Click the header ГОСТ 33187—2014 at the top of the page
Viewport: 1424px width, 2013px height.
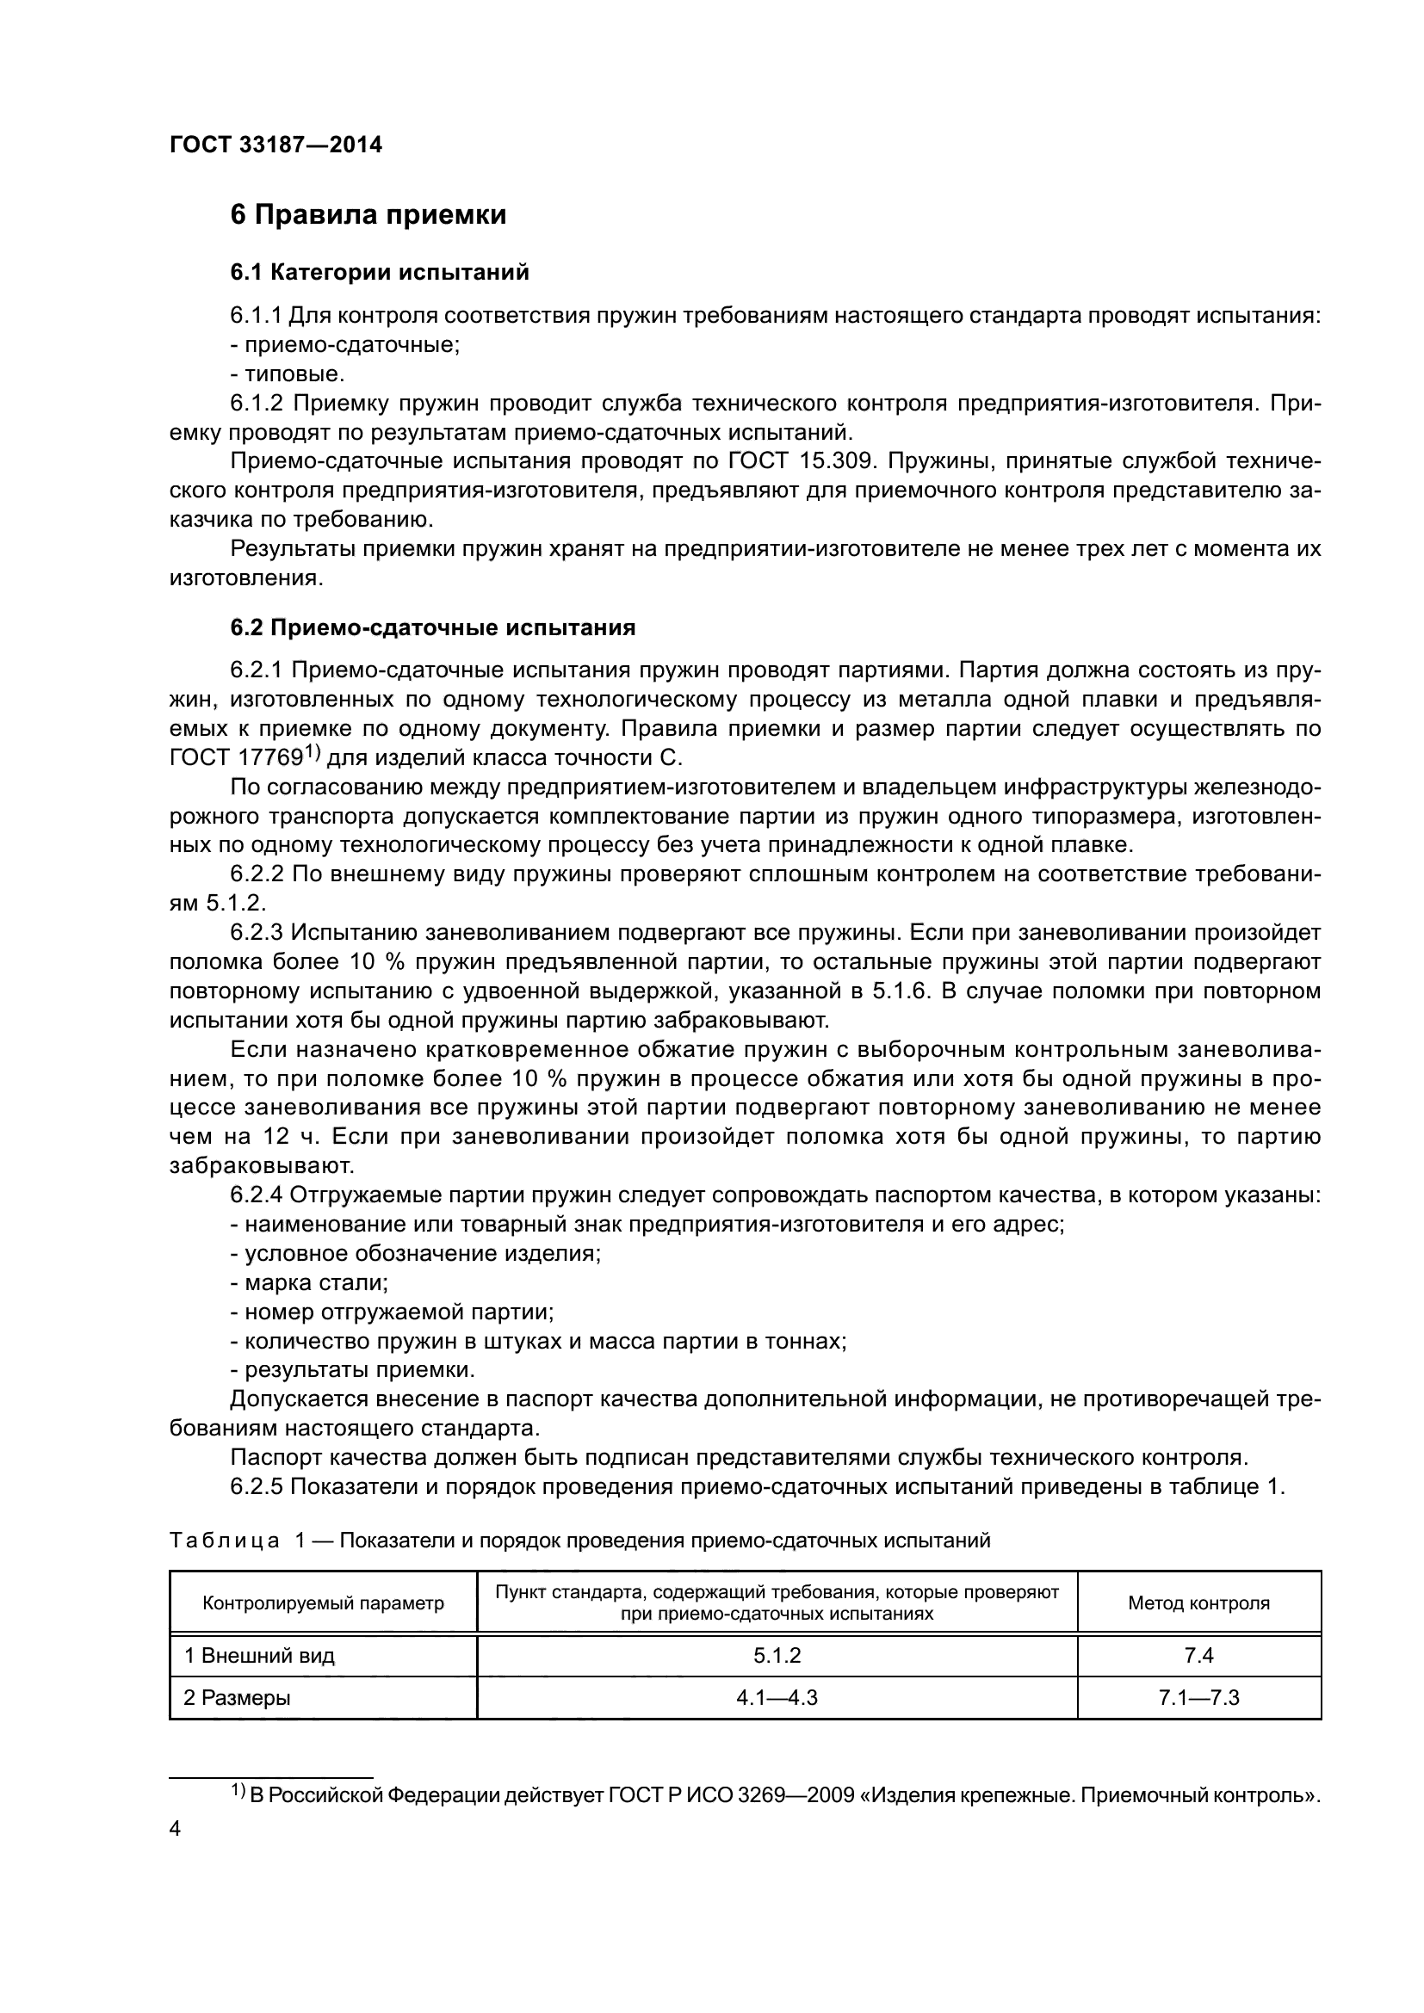276,145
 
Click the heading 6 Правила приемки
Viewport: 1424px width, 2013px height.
368,215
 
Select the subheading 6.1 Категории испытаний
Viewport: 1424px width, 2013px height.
380,273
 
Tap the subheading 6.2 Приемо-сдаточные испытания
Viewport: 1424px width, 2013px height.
432,627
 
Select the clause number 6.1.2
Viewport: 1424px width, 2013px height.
257,404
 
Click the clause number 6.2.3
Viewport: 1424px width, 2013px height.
257,933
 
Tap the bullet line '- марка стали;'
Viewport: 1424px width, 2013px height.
309,1282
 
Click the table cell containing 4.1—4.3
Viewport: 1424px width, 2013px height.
777,1698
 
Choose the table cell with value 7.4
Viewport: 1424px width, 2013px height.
1198,1656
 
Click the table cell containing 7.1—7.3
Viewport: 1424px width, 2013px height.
1198,1698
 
